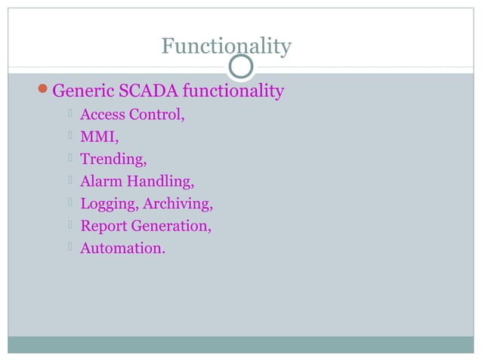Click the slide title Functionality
[226, 47]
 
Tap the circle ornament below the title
[241, 67]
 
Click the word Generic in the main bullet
[82, 92]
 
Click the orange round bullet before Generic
[44, 92]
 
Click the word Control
[157, 116]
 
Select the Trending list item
[113, 160]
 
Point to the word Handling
[160, 182]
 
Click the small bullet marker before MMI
[69, 137]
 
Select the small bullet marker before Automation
[69, 247]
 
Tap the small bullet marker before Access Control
[69, 115]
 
